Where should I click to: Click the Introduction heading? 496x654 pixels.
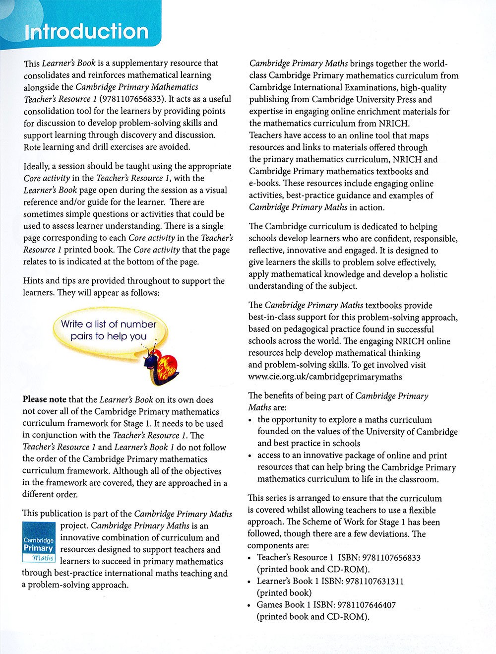tap(87, 32)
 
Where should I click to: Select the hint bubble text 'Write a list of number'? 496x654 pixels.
tap(109, 324)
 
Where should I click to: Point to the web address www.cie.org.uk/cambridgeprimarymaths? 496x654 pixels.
tap(325, 377)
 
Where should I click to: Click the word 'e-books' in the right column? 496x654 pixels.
tap(264, 183)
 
